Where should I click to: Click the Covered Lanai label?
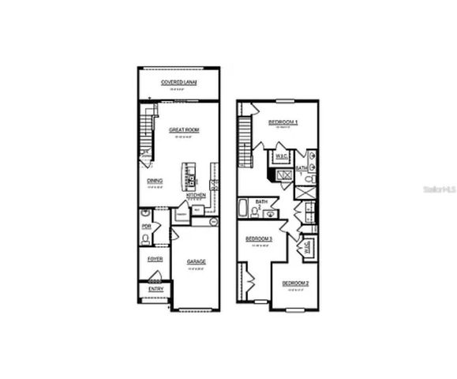[178, 82]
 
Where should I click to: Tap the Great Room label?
[182, 130]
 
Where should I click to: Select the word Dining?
[155, 181]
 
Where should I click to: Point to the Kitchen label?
[197, 195]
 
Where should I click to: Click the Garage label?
[196, 261]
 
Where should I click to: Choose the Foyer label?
[155, 259]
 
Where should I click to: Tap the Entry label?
[155, 290]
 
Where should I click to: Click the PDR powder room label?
[146, 227]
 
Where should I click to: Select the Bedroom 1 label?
[283, 122]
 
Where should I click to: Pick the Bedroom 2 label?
[296, 283]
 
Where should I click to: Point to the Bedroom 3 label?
[259, 238]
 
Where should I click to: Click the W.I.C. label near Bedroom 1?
[281, 156]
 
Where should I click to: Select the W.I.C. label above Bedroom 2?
[305, 246]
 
